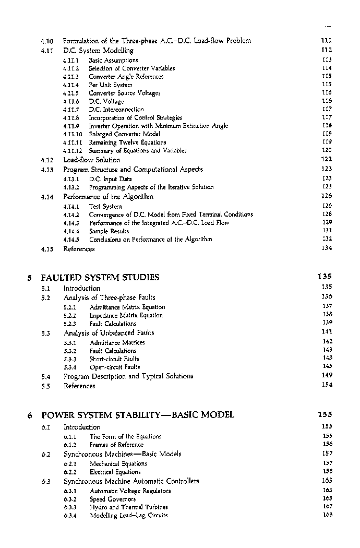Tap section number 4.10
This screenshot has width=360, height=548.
(47, 41)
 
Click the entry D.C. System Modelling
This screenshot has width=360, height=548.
(98, 51)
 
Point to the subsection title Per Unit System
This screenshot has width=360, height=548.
(111, 85)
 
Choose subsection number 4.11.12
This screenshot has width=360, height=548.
(72, 151)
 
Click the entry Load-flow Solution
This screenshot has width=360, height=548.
(92, 160)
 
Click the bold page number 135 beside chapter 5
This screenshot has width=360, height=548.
(325, 277)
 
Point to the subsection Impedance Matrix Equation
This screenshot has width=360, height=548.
(126, 315)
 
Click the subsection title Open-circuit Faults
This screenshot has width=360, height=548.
(115, 367)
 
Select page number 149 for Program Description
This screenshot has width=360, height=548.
(327, 375)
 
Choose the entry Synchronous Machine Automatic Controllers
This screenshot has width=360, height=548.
(131, 481)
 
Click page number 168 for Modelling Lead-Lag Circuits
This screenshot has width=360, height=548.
(327, 515)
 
